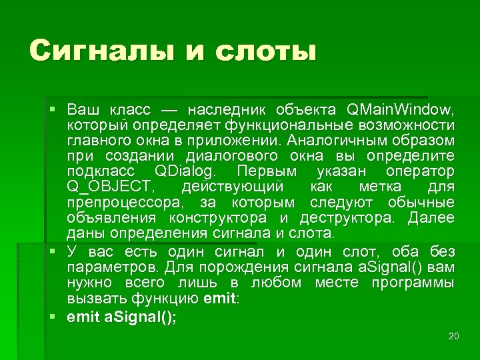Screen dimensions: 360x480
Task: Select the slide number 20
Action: pos(453,336)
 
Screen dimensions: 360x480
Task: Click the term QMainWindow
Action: pos(401,109)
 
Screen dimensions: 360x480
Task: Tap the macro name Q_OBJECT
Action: pos(111,187)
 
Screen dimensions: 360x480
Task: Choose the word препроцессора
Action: pos(127,203)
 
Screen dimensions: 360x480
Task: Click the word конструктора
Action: pos(218,219)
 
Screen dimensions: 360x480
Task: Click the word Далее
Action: pos(431,219)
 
